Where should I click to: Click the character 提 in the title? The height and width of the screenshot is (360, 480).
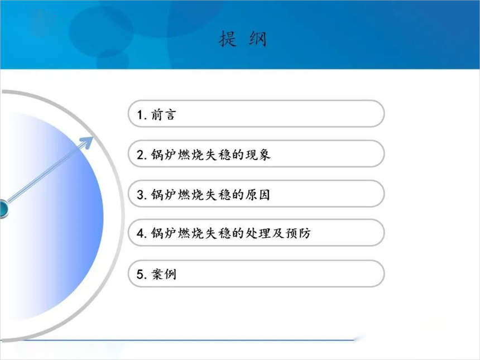point(228,39)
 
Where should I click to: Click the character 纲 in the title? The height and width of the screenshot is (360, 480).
point(258,39)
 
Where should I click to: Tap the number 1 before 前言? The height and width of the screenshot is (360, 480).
point(140,115)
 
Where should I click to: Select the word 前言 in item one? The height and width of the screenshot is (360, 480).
point(164,115)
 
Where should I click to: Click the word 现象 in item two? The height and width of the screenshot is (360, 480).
point(258,155)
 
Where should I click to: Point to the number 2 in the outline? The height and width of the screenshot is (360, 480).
point(140,155)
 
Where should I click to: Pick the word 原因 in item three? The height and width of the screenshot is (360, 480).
point(258,195)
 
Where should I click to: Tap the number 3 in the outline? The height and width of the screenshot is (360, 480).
point(140,195)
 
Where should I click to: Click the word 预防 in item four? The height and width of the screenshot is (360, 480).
point(298,233)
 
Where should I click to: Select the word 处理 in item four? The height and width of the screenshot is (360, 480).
point(258,233)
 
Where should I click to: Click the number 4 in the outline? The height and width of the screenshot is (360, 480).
point(140,233)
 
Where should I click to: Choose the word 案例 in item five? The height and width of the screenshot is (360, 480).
point(164,274)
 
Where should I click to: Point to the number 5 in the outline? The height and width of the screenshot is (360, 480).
point(140,274)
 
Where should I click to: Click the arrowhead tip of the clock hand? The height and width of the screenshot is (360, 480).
point(93,137)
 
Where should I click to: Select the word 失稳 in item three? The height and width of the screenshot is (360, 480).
point(218,195)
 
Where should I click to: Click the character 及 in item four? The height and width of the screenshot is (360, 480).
point(278,233)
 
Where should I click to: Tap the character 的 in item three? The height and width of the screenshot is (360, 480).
point(238,195)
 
